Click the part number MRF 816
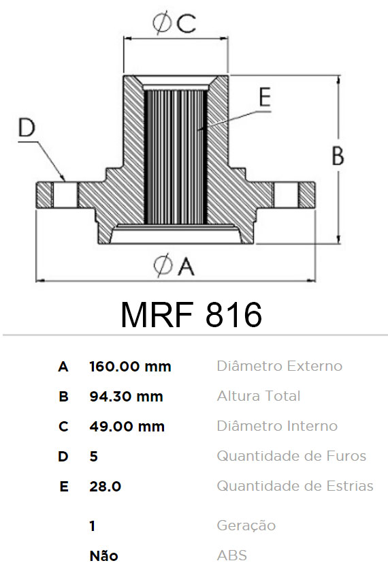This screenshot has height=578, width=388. click(x=191, y=314)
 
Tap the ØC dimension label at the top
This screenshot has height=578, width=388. click(x=174, y=23)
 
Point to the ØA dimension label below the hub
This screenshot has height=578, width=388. click(x=174, y=265)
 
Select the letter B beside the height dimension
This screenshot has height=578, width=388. click(x=338, y=155)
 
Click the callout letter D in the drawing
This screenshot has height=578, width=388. click(x=27, y=127)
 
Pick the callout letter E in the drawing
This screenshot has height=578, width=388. click(x=265, y=97)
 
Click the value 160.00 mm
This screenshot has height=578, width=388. click(x=130, y=367)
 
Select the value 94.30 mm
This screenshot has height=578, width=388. click(x=126, y=396)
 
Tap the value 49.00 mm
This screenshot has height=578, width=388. click(x=127, y=427)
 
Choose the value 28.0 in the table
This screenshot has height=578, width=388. click(x=106, y=487)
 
